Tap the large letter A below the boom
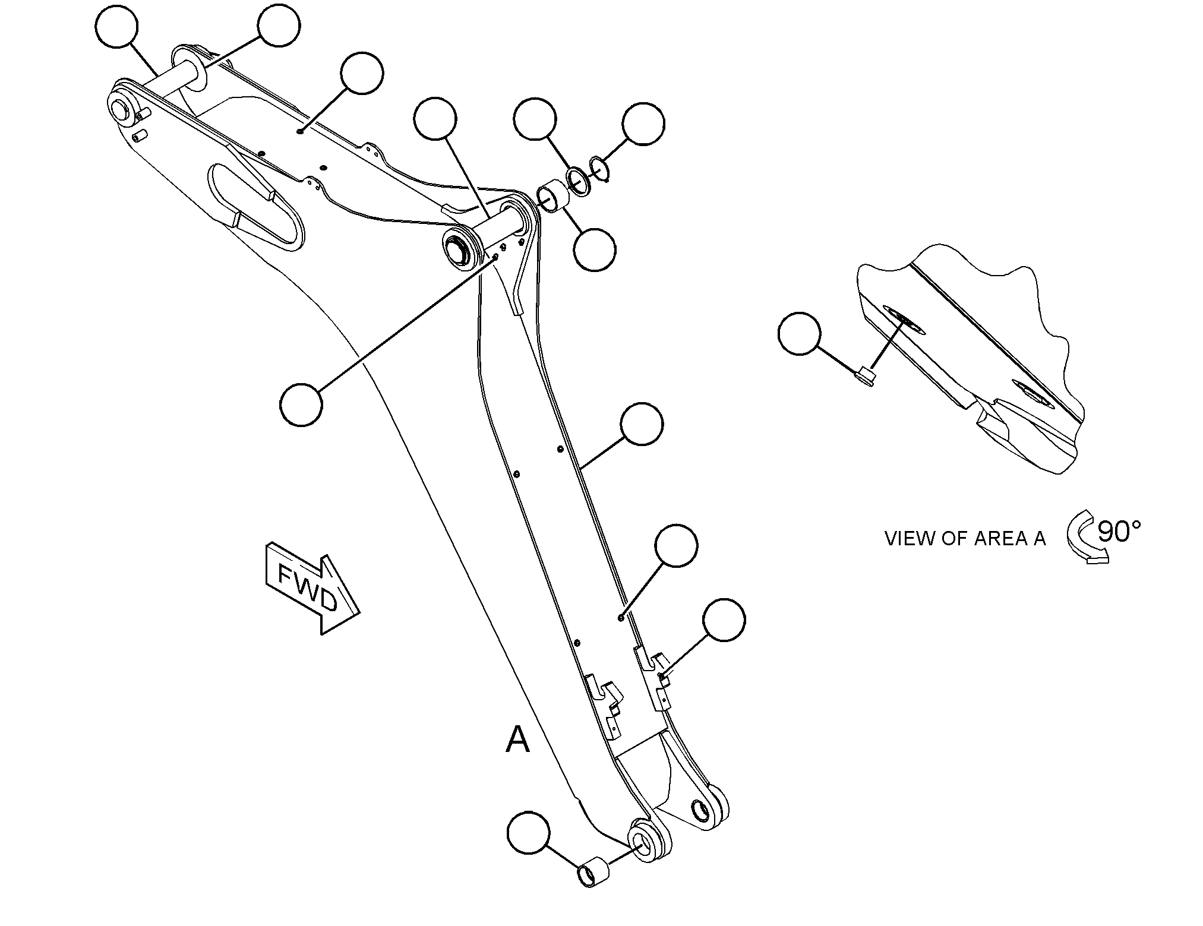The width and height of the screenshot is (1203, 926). pos(517,740)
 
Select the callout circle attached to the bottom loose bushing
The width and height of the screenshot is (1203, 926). pos(528,833)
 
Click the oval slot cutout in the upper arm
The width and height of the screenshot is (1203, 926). pos(256,207)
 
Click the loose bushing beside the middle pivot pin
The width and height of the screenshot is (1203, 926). pos(552,195)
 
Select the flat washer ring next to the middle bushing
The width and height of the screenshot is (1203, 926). pos(578,181)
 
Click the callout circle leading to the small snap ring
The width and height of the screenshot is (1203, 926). pos(643,124)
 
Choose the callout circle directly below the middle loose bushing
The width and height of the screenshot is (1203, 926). pos(594,250)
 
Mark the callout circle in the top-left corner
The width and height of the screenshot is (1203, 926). pos(116,26)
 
